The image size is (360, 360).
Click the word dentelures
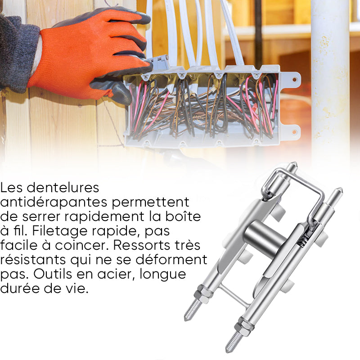pyautogui.click(x=63, y=188)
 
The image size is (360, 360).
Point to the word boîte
pyautogui.click(x=184, y=216)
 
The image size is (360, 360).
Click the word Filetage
pyautogui.click(x=60, y=231)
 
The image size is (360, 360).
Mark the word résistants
pyautogui.click(x=33, y=260)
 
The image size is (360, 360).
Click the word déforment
pyautogui.click(x=171, y=260)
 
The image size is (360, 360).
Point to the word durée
pyautogui.click(x=20, y=288)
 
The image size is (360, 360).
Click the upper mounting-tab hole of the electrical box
pyautogui.click(x=294, y=80)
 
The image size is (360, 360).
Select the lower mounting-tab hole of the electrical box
pyautogui.click(x=294, y=132)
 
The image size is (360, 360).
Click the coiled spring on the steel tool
pyautogui.click(x=302, y=240)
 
